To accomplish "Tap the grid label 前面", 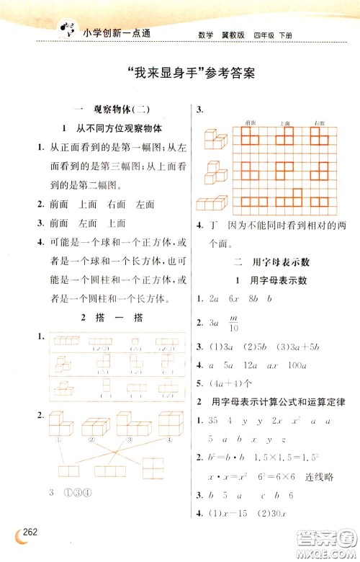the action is (251, 124).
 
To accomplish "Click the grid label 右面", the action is (318, 124).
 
